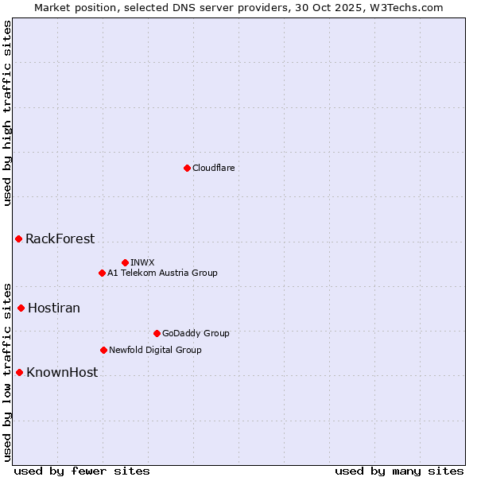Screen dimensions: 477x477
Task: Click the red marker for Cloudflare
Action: click(187, 168)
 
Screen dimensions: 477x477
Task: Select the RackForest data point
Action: click(18, 238)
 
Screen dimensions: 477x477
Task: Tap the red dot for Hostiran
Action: click(21, 308)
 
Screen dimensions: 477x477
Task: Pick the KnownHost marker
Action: click(19, 372)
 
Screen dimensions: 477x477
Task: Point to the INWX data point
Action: click(125, 262)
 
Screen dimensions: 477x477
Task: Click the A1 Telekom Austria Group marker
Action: click(102, 273)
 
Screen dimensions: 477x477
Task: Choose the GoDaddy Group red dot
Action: click(157, 333)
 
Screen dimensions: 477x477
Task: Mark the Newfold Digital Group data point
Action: click(103, 350)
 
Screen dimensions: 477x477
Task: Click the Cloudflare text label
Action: click(213, 168)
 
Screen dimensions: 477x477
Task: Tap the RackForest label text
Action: click(60, 238)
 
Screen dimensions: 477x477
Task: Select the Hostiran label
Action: click(54, 308)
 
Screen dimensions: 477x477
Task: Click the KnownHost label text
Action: click(62, 372)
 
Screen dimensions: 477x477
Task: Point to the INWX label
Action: click(142, 262)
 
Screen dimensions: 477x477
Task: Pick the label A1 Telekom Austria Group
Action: click(162, 273)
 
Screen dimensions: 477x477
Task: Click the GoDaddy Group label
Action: click(196, 333)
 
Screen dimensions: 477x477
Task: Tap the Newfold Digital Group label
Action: click(155, 350)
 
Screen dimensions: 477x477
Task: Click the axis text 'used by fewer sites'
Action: click(82, 471)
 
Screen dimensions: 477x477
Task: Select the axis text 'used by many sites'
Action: click(399, 471)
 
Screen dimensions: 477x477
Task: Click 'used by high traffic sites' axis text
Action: click(7, 113)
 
